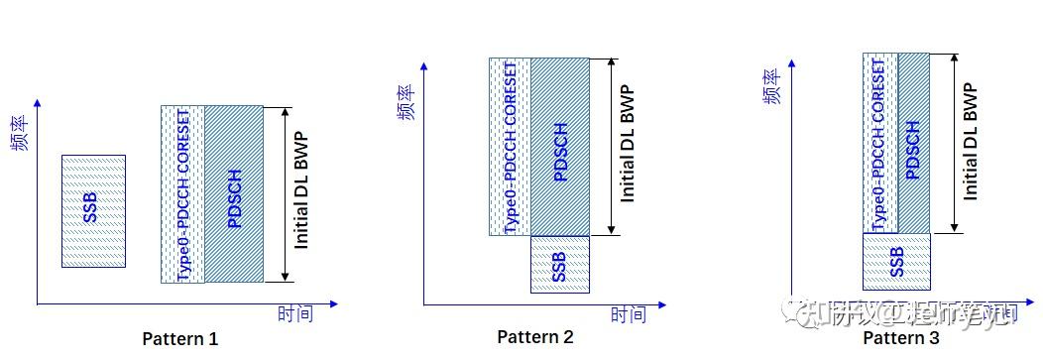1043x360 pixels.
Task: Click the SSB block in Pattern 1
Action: [x=93, y=210]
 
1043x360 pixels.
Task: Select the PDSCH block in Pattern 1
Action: [x=234, y=194]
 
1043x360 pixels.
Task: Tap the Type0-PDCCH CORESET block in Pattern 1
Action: [x=182, y=194]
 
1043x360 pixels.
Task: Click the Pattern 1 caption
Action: [x=180, y=338]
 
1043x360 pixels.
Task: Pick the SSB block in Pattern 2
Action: [x=559, y=264]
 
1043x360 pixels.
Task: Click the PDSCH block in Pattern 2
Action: [x=560, y=147]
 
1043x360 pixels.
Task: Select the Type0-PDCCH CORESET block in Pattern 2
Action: [x=510, y=147]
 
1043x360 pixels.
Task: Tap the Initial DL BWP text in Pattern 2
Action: [x=627, y=145]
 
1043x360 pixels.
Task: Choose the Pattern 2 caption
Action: [x=535, y=337]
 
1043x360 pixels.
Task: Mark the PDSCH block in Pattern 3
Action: [x=913, y=143]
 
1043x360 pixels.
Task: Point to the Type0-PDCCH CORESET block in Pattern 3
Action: [x=879, y=143]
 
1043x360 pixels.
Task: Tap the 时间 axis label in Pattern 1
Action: [x=294, y=314]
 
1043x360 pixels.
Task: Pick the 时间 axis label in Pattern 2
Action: [x=627, y=315]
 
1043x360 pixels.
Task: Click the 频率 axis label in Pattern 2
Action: [x=406, y=101]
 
